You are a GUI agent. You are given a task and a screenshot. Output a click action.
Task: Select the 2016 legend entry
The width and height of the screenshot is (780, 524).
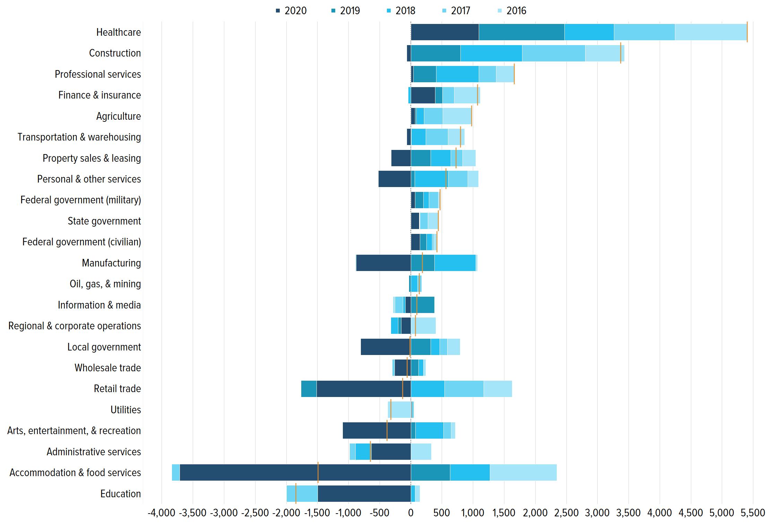point(512,11)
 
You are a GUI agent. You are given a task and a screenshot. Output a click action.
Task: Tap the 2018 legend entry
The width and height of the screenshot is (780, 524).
point(401,11)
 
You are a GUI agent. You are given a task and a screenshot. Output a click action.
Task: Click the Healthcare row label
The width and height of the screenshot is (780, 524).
point(119,32)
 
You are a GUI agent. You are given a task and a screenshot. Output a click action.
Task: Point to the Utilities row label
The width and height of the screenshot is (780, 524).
point(125,410)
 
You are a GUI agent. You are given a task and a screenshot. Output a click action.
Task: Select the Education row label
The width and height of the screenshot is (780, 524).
point(121,494)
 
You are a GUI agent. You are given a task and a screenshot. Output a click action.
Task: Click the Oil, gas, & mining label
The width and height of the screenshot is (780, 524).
point(105,284)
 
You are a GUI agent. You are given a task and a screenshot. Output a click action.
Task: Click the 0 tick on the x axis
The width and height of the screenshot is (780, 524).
point(411,513)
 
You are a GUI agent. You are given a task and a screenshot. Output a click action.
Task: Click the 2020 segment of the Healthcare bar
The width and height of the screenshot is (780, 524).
point(444,32)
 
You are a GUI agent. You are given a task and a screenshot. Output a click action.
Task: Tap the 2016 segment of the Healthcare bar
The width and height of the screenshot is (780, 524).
point(711,32)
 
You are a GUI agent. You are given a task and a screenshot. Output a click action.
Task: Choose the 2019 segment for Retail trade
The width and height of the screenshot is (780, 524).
point(309,389)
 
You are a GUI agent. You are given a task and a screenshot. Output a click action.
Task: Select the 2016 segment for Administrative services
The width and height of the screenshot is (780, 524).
point(421,451)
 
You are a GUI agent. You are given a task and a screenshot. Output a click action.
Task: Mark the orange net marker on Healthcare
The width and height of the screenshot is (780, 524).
point(747,32)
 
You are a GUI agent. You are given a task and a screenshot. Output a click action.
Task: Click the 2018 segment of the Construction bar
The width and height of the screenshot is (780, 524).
point(491,53)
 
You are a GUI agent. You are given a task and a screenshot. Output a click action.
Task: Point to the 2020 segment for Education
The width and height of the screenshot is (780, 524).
point(364,493)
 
